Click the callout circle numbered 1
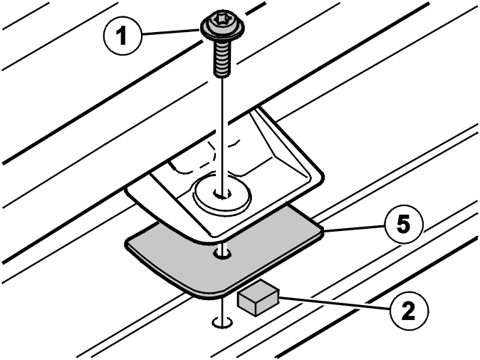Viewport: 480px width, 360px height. point(122,36)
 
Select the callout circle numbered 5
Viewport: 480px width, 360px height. point(403,225)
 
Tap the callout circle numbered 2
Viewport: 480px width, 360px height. point(409,311)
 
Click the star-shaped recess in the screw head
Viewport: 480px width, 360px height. point(222,21)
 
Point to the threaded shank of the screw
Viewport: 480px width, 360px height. point(222,58)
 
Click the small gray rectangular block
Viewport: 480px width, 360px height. point(258,297)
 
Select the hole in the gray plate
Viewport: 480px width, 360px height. point(222,254)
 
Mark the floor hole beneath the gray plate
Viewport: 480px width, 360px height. point(222,322)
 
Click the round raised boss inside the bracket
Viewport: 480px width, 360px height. point(222,194)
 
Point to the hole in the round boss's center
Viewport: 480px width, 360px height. point(222,193)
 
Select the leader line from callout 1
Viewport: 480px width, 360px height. point(170,33)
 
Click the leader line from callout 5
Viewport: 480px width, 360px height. point(353,228)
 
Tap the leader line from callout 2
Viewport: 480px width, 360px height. point(335,302)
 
